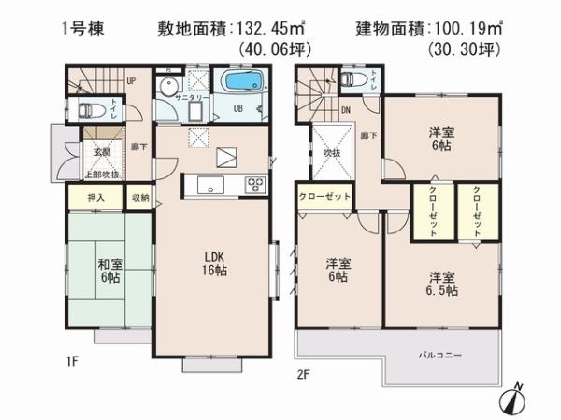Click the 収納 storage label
click(139, 198)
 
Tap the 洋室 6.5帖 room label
click(443, 284)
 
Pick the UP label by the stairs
click(132, 81)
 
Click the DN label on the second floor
click(346, 110)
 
